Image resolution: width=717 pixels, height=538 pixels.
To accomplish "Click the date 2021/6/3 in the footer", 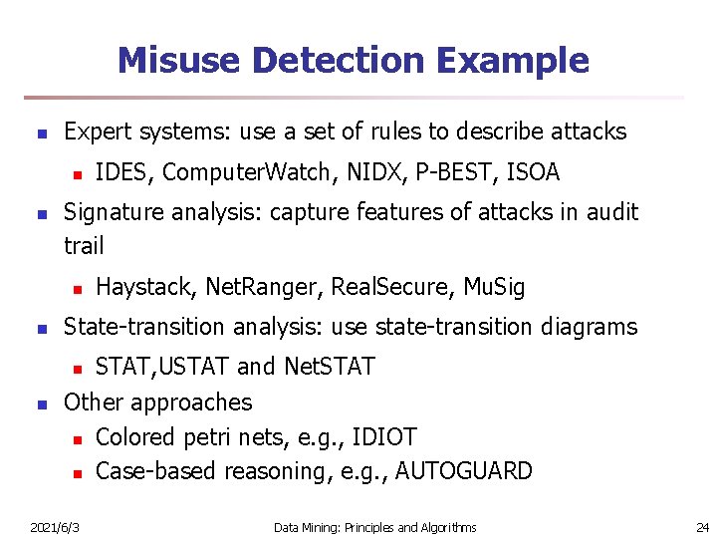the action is point(56,527).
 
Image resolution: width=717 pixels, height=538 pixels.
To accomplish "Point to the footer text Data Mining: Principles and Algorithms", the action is point(374,527).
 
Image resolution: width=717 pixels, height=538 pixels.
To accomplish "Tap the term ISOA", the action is point(533,173).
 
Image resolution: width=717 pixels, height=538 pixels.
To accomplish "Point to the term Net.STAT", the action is point(329,367).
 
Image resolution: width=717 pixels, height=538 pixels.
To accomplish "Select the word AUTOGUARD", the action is point(463,471).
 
